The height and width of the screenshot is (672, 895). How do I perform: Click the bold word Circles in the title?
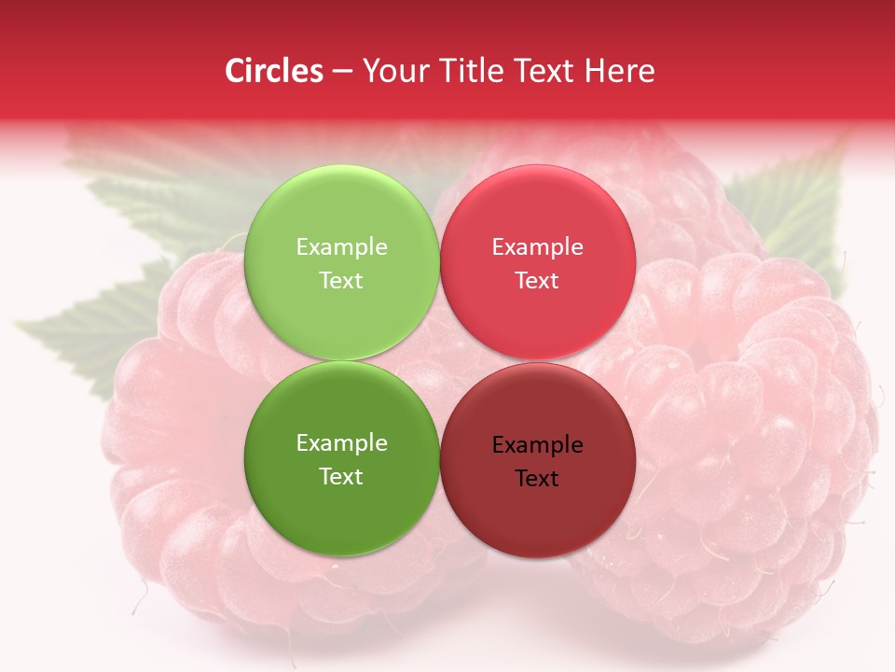click(x=274, y=71)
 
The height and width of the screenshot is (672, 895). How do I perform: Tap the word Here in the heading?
click(x=620, y=71)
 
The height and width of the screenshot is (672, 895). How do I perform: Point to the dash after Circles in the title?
click(x=342, y=72)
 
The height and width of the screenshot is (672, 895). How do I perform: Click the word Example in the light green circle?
click(x=341, y=246)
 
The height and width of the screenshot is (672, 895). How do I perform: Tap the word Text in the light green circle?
click(x=341, y=280)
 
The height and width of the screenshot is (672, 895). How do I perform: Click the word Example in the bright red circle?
click(x=537, y=246)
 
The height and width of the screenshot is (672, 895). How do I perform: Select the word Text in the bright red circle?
click(x=537, y=280)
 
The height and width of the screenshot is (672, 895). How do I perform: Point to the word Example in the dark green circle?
click(x=341, y=442)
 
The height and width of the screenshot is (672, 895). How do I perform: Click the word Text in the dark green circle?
click(x=341, y=476)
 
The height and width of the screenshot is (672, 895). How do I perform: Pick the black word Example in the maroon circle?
click(x=537, y=444)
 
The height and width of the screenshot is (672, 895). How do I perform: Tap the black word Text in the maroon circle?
click(x=537, y=478)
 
